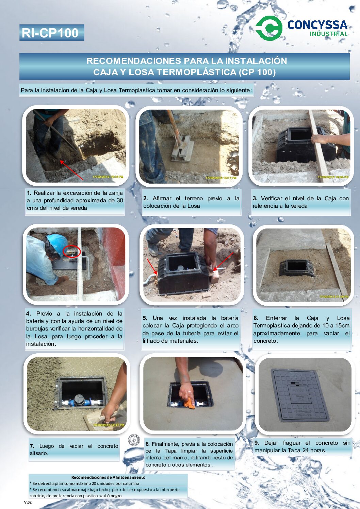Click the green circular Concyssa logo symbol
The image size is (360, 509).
click(x=269, y=28)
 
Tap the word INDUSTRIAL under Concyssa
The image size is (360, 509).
click(x=329, y=34)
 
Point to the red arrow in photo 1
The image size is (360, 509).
click(x=72, y=170)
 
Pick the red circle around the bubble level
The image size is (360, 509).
click(x=72, y=251)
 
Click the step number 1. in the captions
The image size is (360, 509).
click(x=29, y=193)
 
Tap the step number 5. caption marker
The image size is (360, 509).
click(x=145, y=318)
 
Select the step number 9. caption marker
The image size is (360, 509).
click(x=257, y=443)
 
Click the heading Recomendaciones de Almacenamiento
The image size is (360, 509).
click(x=108, y=477)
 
